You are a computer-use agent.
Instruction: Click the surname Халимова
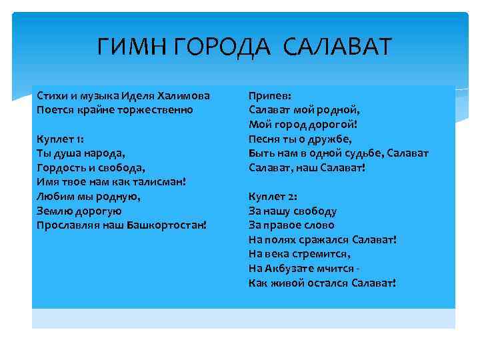[x=184, y=95]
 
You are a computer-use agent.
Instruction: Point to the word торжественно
[x=157, y=109]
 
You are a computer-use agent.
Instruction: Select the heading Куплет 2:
[x=273, y=197]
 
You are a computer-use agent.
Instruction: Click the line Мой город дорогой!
[x=304, y=124]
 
